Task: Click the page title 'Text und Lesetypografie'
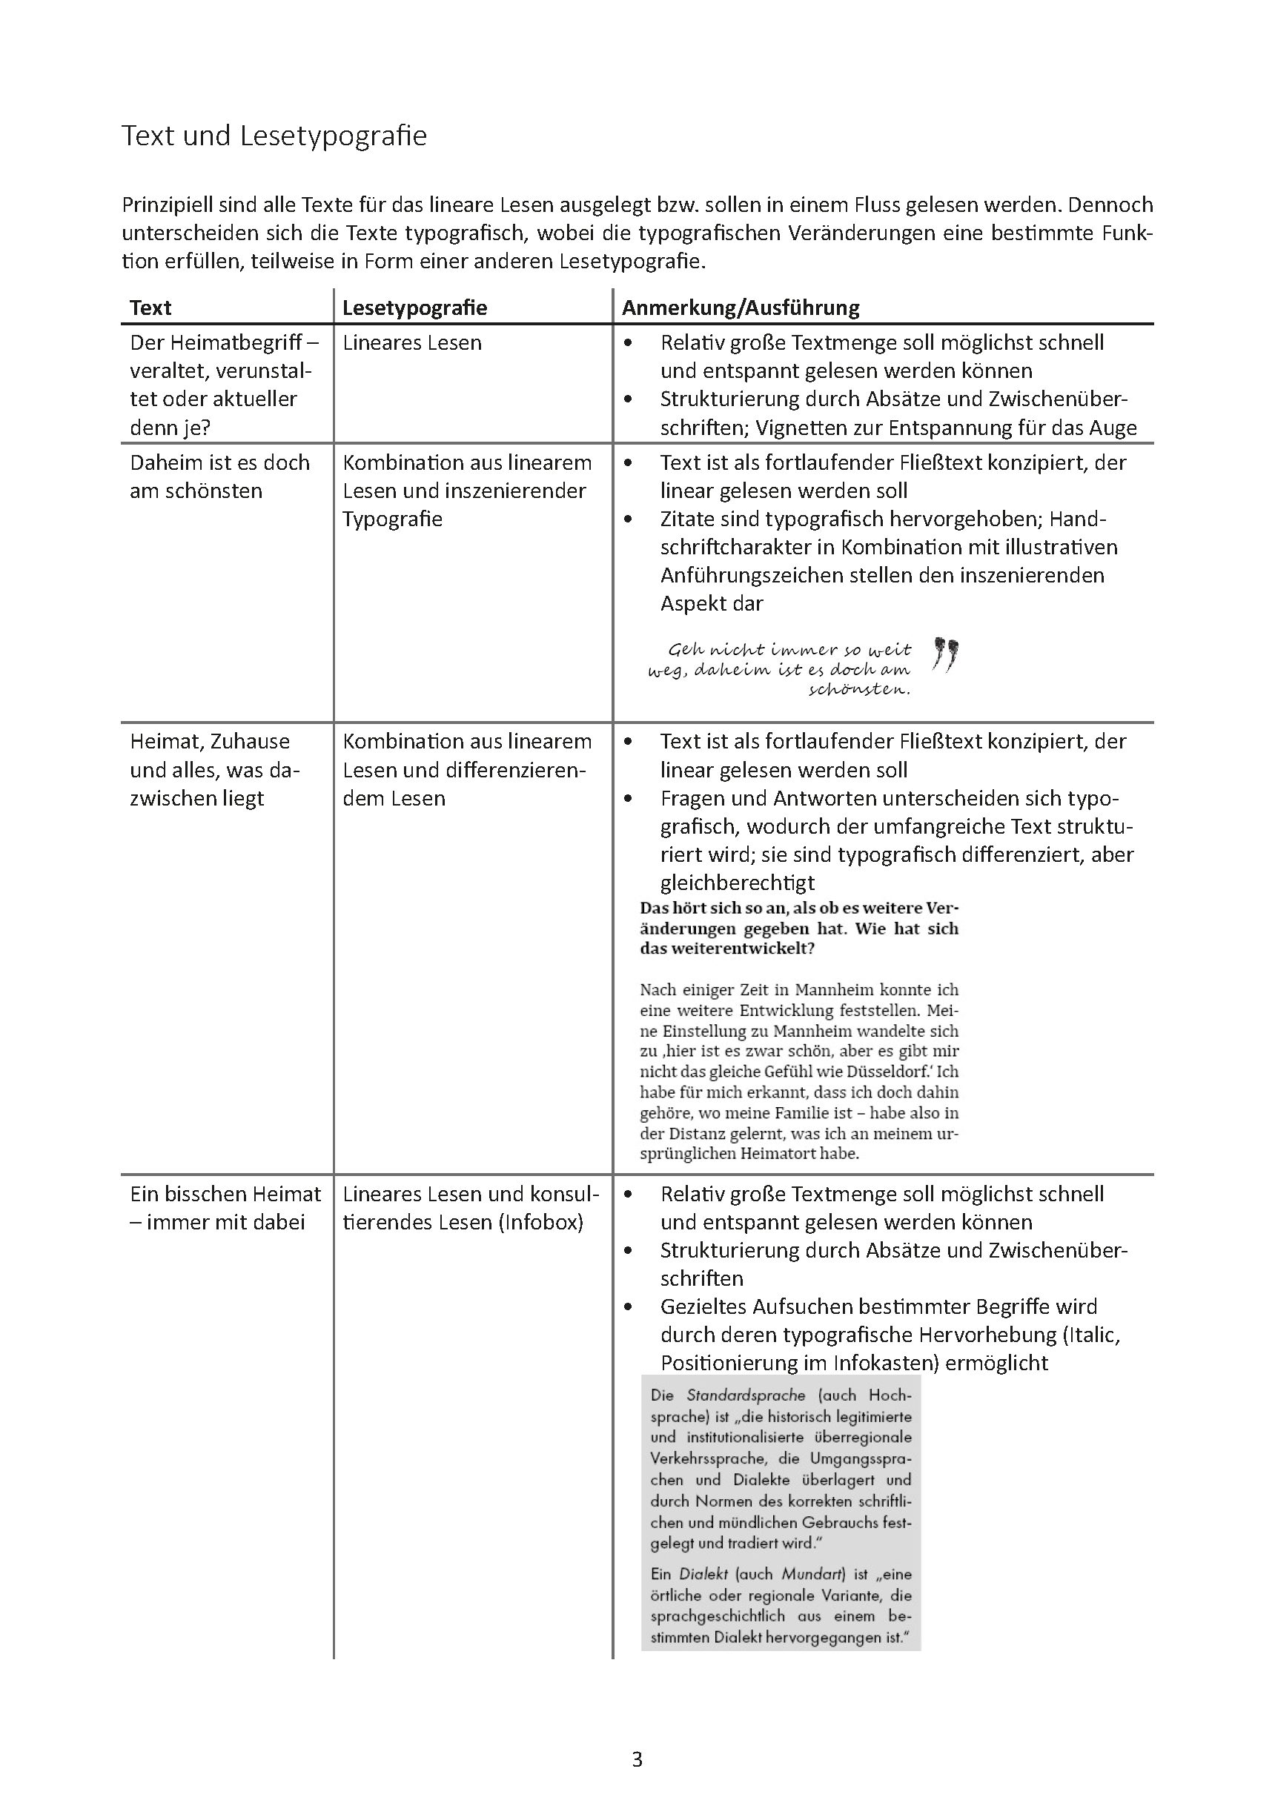(x=274, y=136)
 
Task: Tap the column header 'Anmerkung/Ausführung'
(x=740, y=307)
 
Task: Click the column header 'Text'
(x=150, y=307)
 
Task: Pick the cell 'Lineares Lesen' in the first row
(x=411, y=342)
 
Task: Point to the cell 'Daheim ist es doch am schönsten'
(x=219, y=476)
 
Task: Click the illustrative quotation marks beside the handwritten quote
(x=946, y=654)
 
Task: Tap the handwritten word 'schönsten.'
(x=859, y=689)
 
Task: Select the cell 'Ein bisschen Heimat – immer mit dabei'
(x=225, y=1208)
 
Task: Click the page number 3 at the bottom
(x=637, y=1759)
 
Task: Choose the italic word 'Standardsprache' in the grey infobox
(x=746, y=1395)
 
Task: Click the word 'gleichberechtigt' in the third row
(x=737, y=883)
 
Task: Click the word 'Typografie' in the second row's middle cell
(x=392, y=519)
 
